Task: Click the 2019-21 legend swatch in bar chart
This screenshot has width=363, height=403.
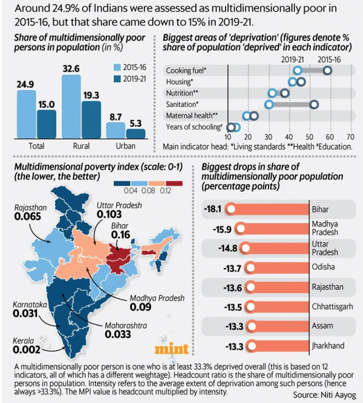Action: click(116, 79)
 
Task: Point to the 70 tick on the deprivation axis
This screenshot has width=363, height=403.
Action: click(350, 137)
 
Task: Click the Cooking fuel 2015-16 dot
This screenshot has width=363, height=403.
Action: click(327, 71)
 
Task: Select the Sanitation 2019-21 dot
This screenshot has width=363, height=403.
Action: click(269, 104)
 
